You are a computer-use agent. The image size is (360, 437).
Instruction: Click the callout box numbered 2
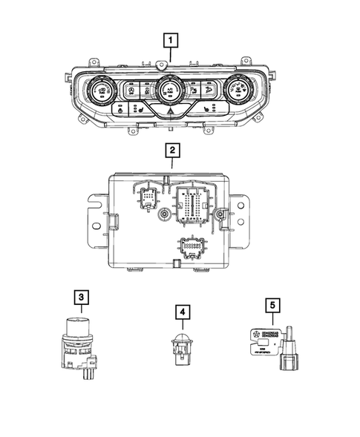click(171, 151)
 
